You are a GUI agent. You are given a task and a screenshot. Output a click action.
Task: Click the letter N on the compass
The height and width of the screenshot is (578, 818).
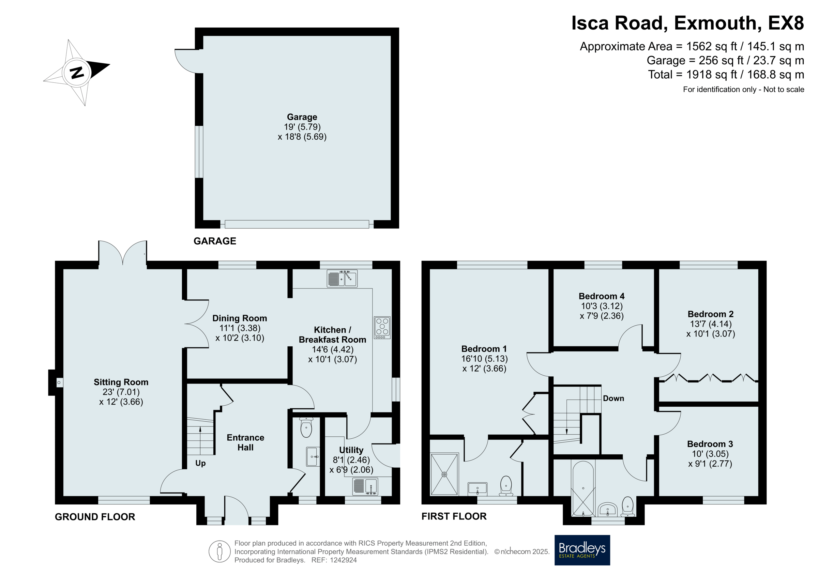[77, 72]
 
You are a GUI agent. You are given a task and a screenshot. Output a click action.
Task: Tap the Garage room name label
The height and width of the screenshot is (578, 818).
[302, 117]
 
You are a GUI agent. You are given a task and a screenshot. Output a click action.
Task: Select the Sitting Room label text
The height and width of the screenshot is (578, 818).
[121, 382]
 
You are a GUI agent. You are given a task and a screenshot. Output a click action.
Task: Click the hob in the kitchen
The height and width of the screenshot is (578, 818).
[382, 327]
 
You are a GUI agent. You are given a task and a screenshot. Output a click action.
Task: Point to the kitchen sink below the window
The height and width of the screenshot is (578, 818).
[342, 279]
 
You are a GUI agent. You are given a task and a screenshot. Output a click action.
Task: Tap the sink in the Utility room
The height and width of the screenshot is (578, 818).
[365, 486]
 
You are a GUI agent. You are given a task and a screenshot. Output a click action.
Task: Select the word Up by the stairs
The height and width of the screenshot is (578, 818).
[200, 463]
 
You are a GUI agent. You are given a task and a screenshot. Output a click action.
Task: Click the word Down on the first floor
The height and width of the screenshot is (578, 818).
[613, 398]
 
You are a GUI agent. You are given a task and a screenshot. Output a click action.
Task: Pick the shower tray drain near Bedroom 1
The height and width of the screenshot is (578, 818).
[444, 474]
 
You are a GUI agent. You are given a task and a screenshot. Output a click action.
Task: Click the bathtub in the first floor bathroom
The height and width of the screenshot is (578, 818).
[583, 489]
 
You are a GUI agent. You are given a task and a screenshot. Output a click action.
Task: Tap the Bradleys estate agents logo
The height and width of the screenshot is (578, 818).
[582, 550]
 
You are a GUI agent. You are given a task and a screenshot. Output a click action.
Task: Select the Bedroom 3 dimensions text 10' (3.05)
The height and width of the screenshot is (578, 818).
[710, 454]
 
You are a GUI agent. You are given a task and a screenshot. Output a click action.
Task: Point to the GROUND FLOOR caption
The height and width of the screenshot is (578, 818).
[95, 517]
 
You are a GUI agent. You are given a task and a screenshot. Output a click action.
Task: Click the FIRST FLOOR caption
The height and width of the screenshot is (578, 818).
[454, 516]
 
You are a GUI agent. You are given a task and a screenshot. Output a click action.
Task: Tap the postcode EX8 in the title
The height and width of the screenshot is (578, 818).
[786, 23]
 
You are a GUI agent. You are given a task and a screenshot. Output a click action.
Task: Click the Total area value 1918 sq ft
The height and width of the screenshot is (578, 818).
[711, 75]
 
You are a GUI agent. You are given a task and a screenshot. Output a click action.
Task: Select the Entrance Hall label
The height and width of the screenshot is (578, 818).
[245, 442]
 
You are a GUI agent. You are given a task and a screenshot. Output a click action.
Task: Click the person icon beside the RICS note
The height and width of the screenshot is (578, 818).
[219, 551]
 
